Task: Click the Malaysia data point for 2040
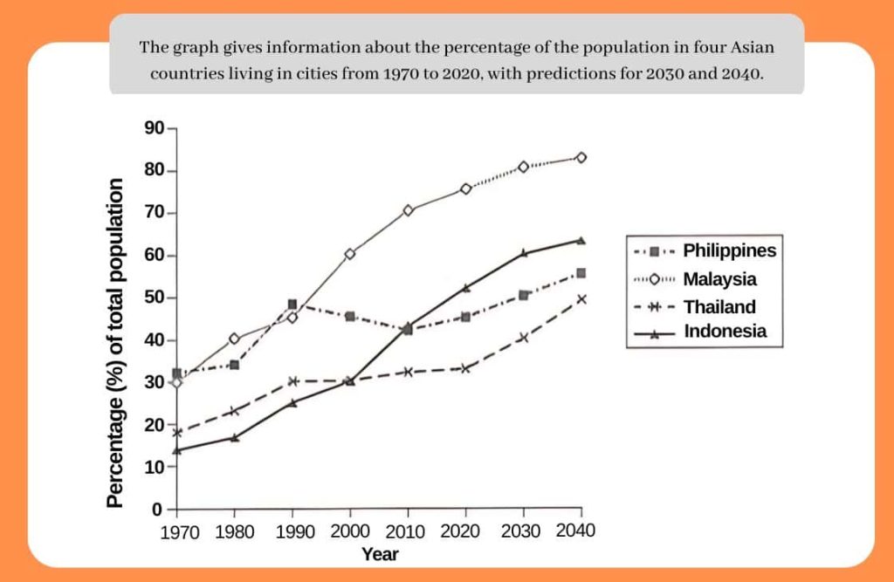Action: click(x=581, y=158)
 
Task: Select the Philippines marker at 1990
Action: click(x=292, y=305)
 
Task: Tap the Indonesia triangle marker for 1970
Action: click(x=177, y=450)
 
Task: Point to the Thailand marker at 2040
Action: click(x=581, y=299)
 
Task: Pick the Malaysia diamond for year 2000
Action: click(x=350, y=254)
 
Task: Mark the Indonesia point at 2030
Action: click(x=524, y=253)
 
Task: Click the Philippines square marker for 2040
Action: click(x=581, y=273)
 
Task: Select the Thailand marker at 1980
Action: click(x=235, y=411)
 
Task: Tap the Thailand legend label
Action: click(x=719, y=306)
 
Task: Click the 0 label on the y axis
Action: click(x=158, y=509)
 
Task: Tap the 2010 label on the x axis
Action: click(x=408, y=531)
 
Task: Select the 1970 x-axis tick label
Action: click(x=180, y=532)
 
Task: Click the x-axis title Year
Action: click(x=380, y=554)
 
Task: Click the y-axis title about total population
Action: click(x=116, y=343)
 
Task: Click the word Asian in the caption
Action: click(x=753, y=48)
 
